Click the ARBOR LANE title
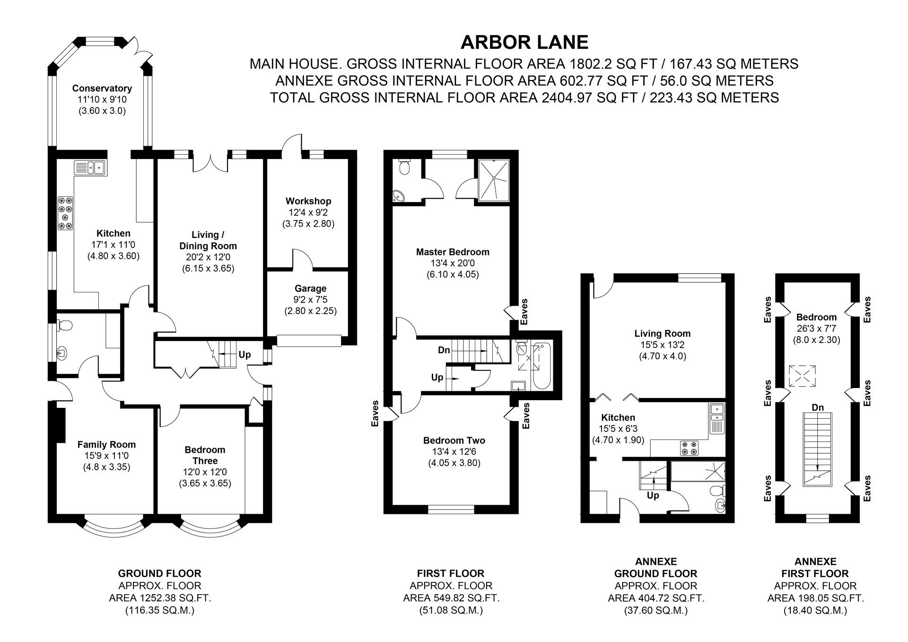point(524,42)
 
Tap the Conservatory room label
point(102,88)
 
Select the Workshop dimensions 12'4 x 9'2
point(308,212)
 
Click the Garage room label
point(310,288)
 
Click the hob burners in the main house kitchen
point(65,213)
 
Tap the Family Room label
point(106,444)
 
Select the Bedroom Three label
point(205,455)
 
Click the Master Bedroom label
point(453,252)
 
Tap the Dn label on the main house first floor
point(444,351)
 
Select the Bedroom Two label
point(454,440)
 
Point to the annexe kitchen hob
point(689,448)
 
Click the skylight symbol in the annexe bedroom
point(801,376)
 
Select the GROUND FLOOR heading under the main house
point(160,574)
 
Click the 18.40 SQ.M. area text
point(815,610)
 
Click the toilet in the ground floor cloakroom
point(64,325)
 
